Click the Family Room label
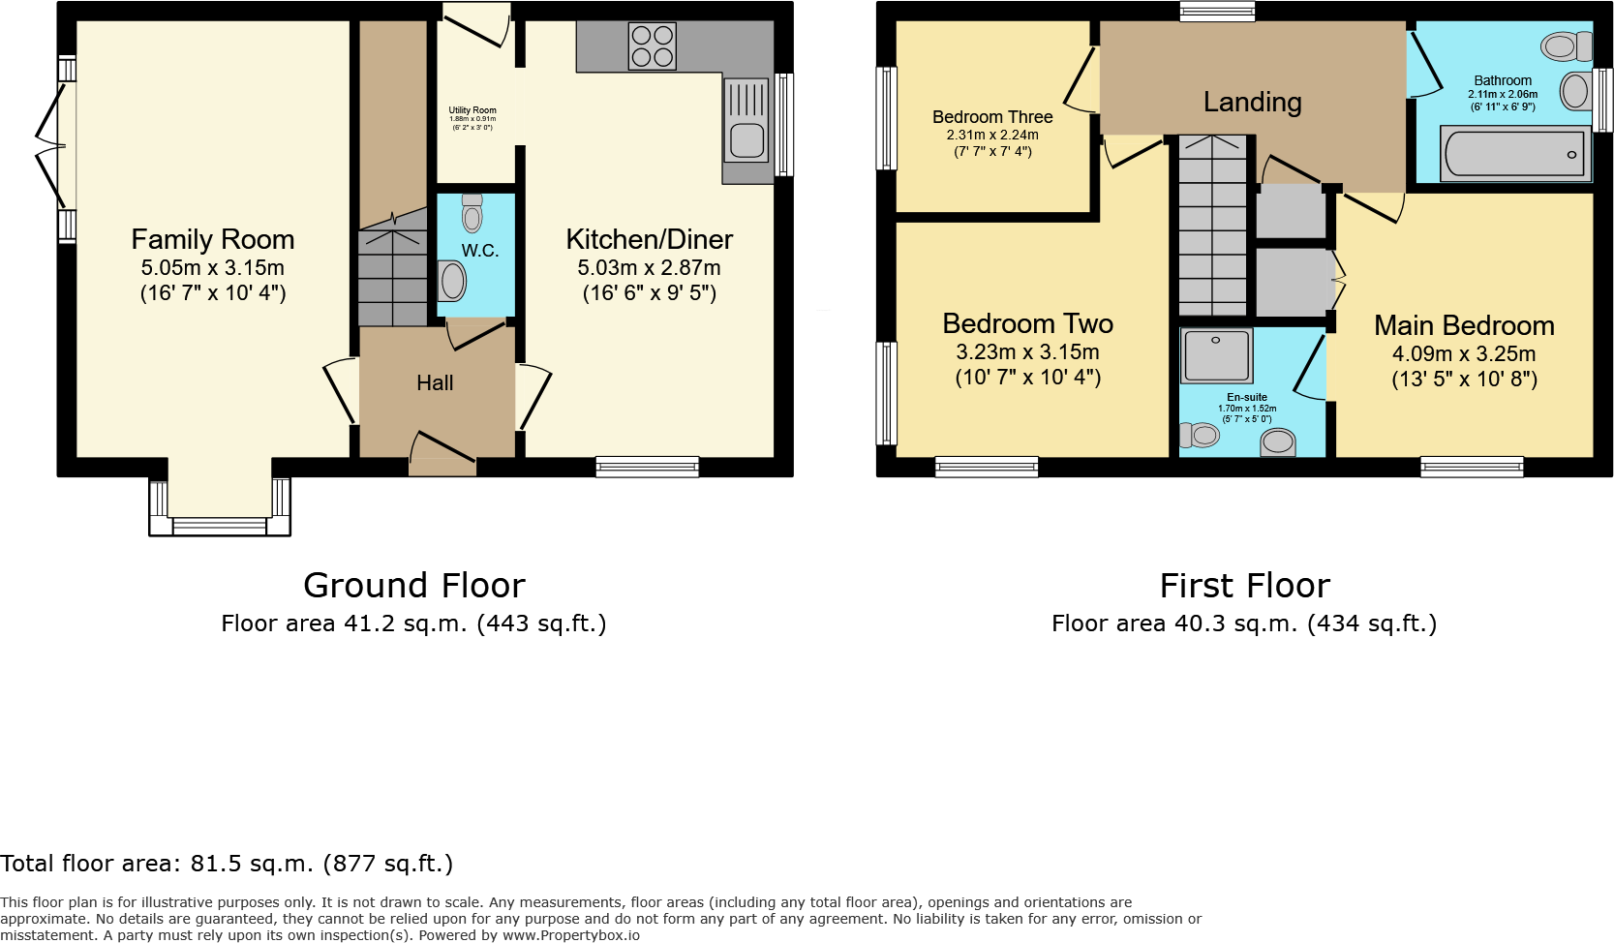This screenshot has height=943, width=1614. [x=212, y=239]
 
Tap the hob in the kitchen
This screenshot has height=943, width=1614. [x=652, y=46]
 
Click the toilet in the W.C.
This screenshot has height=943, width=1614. [x=472, y=214]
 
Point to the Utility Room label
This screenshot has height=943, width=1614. [x=472, y=110]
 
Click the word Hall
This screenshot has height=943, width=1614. [x=435, y=383]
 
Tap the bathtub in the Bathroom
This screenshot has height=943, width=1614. [x=1513, y=154]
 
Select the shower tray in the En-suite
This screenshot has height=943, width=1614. [x=1217, y=355]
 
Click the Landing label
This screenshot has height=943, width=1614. [x=1252, y=102]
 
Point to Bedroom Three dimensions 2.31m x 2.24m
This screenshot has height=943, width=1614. [x=992, y=135]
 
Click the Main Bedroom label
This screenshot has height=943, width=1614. [x=1464, y=325]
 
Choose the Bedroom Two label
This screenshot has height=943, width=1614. [x=1027, y=323]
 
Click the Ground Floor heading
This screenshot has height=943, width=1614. [x=414, y=586]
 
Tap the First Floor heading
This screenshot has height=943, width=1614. [x=1245, y=586]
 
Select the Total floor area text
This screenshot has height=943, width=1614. [x=227, y=863]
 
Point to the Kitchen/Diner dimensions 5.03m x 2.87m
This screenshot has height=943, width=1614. [x=649, y=268]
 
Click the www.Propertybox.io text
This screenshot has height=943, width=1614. [x=571, y=935]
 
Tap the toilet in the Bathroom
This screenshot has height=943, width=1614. [x=1567, y=46]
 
